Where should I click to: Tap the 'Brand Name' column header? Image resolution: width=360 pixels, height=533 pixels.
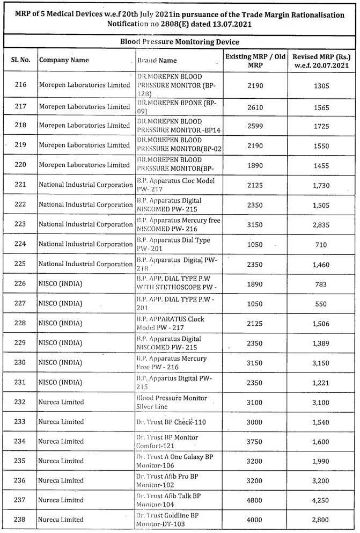[157, 60]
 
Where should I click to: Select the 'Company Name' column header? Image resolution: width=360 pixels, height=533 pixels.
[64, 60]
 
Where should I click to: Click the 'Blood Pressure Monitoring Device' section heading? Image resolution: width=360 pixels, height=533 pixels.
[179, 41]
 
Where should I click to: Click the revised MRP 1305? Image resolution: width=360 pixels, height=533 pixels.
[321, 85]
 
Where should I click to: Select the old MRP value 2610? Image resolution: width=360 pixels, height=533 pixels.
[255, 107]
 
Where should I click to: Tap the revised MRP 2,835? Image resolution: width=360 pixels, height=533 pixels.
[321, 224]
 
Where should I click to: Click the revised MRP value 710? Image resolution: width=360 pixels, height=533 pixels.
[321, 244]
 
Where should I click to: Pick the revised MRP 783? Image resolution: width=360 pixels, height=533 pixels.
[321, 284]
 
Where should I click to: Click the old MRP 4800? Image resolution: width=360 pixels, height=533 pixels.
[255, 500]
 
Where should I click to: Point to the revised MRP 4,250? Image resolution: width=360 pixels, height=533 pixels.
[321, 500]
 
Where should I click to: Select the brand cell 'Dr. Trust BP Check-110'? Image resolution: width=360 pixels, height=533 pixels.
[171, 422]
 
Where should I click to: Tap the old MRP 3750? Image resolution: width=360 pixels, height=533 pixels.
[255, 442]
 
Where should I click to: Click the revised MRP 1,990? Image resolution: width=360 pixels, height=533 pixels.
[321, 462]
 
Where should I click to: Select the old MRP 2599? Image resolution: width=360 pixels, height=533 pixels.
[255, 125]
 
